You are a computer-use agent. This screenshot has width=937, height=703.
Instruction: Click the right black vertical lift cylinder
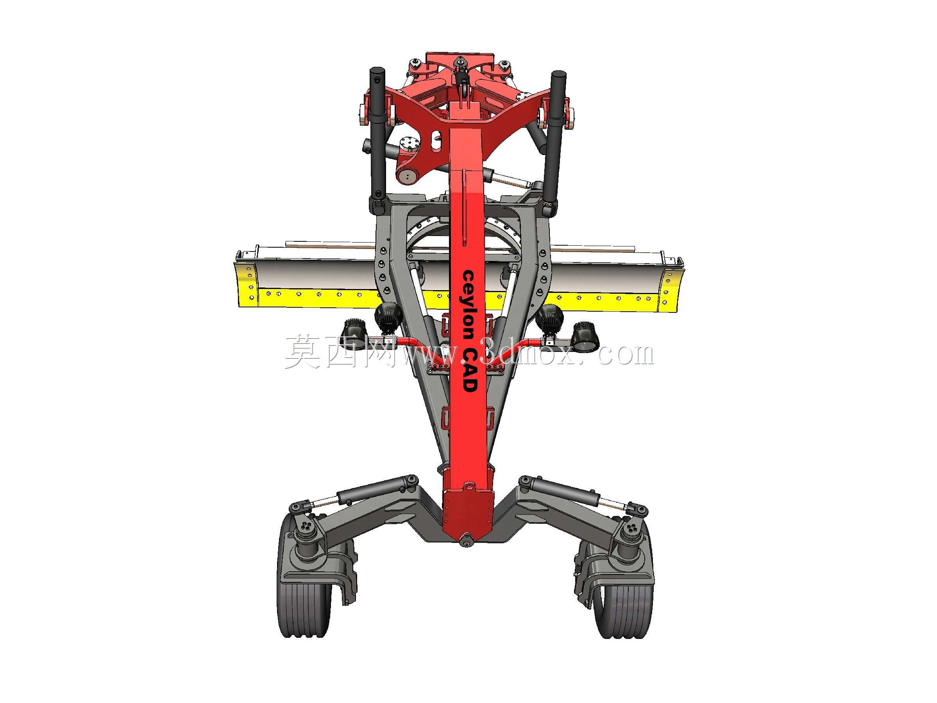pyautogui.click(x=554, y=140)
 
